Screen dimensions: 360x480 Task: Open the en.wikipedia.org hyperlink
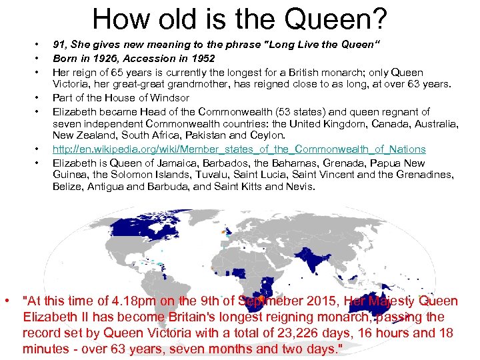[x=239, y=149]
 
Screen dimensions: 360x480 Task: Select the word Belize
[x=67, y=187]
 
